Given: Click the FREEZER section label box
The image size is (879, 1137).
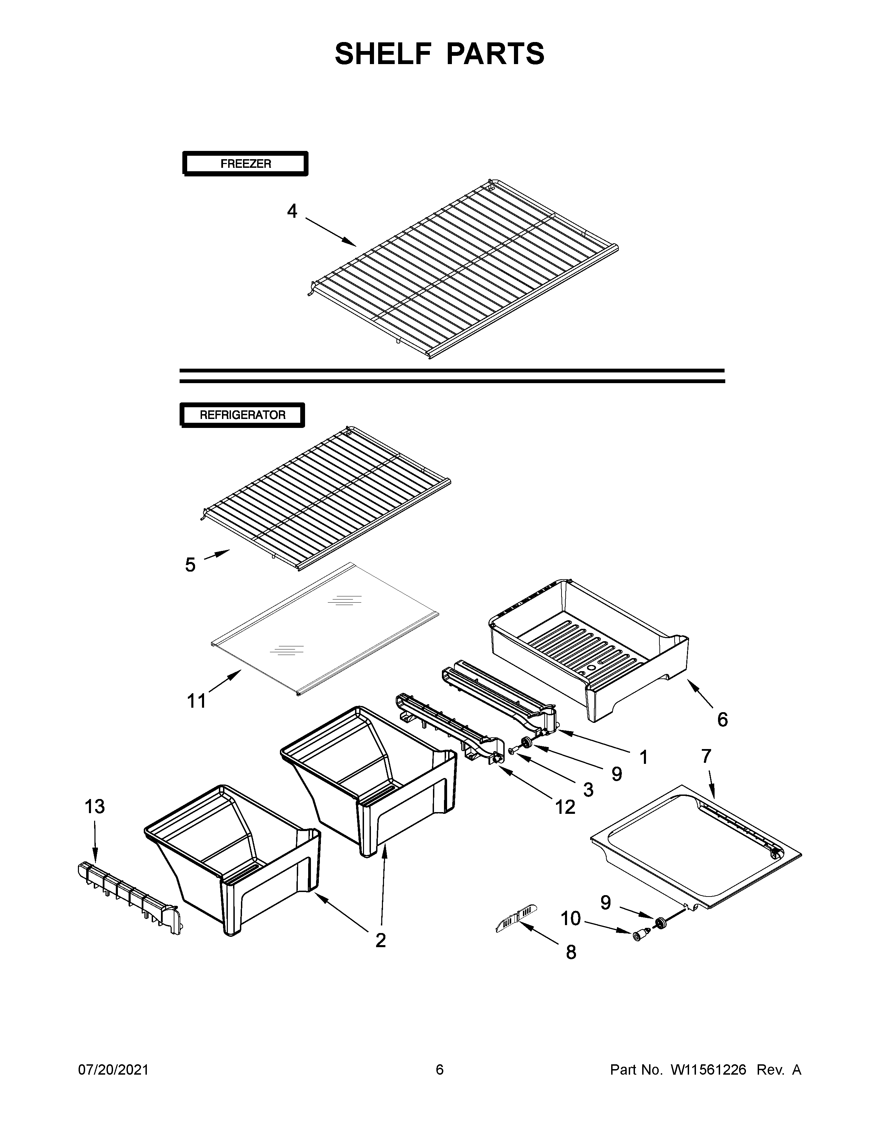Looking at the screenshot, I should pyautogui.click(x=245, y=164).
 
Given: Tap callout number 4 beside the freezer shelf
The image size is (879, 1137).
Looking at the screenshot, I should pyautogui.click(x=292, y=211).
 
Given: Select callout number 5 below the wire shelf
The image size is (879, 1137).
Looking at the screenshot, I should pyautogui.click(x=190, y=565).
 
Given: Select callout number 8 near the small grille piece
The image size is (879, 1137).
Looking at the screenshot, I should pyautogui.click(x=571, y=952).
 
